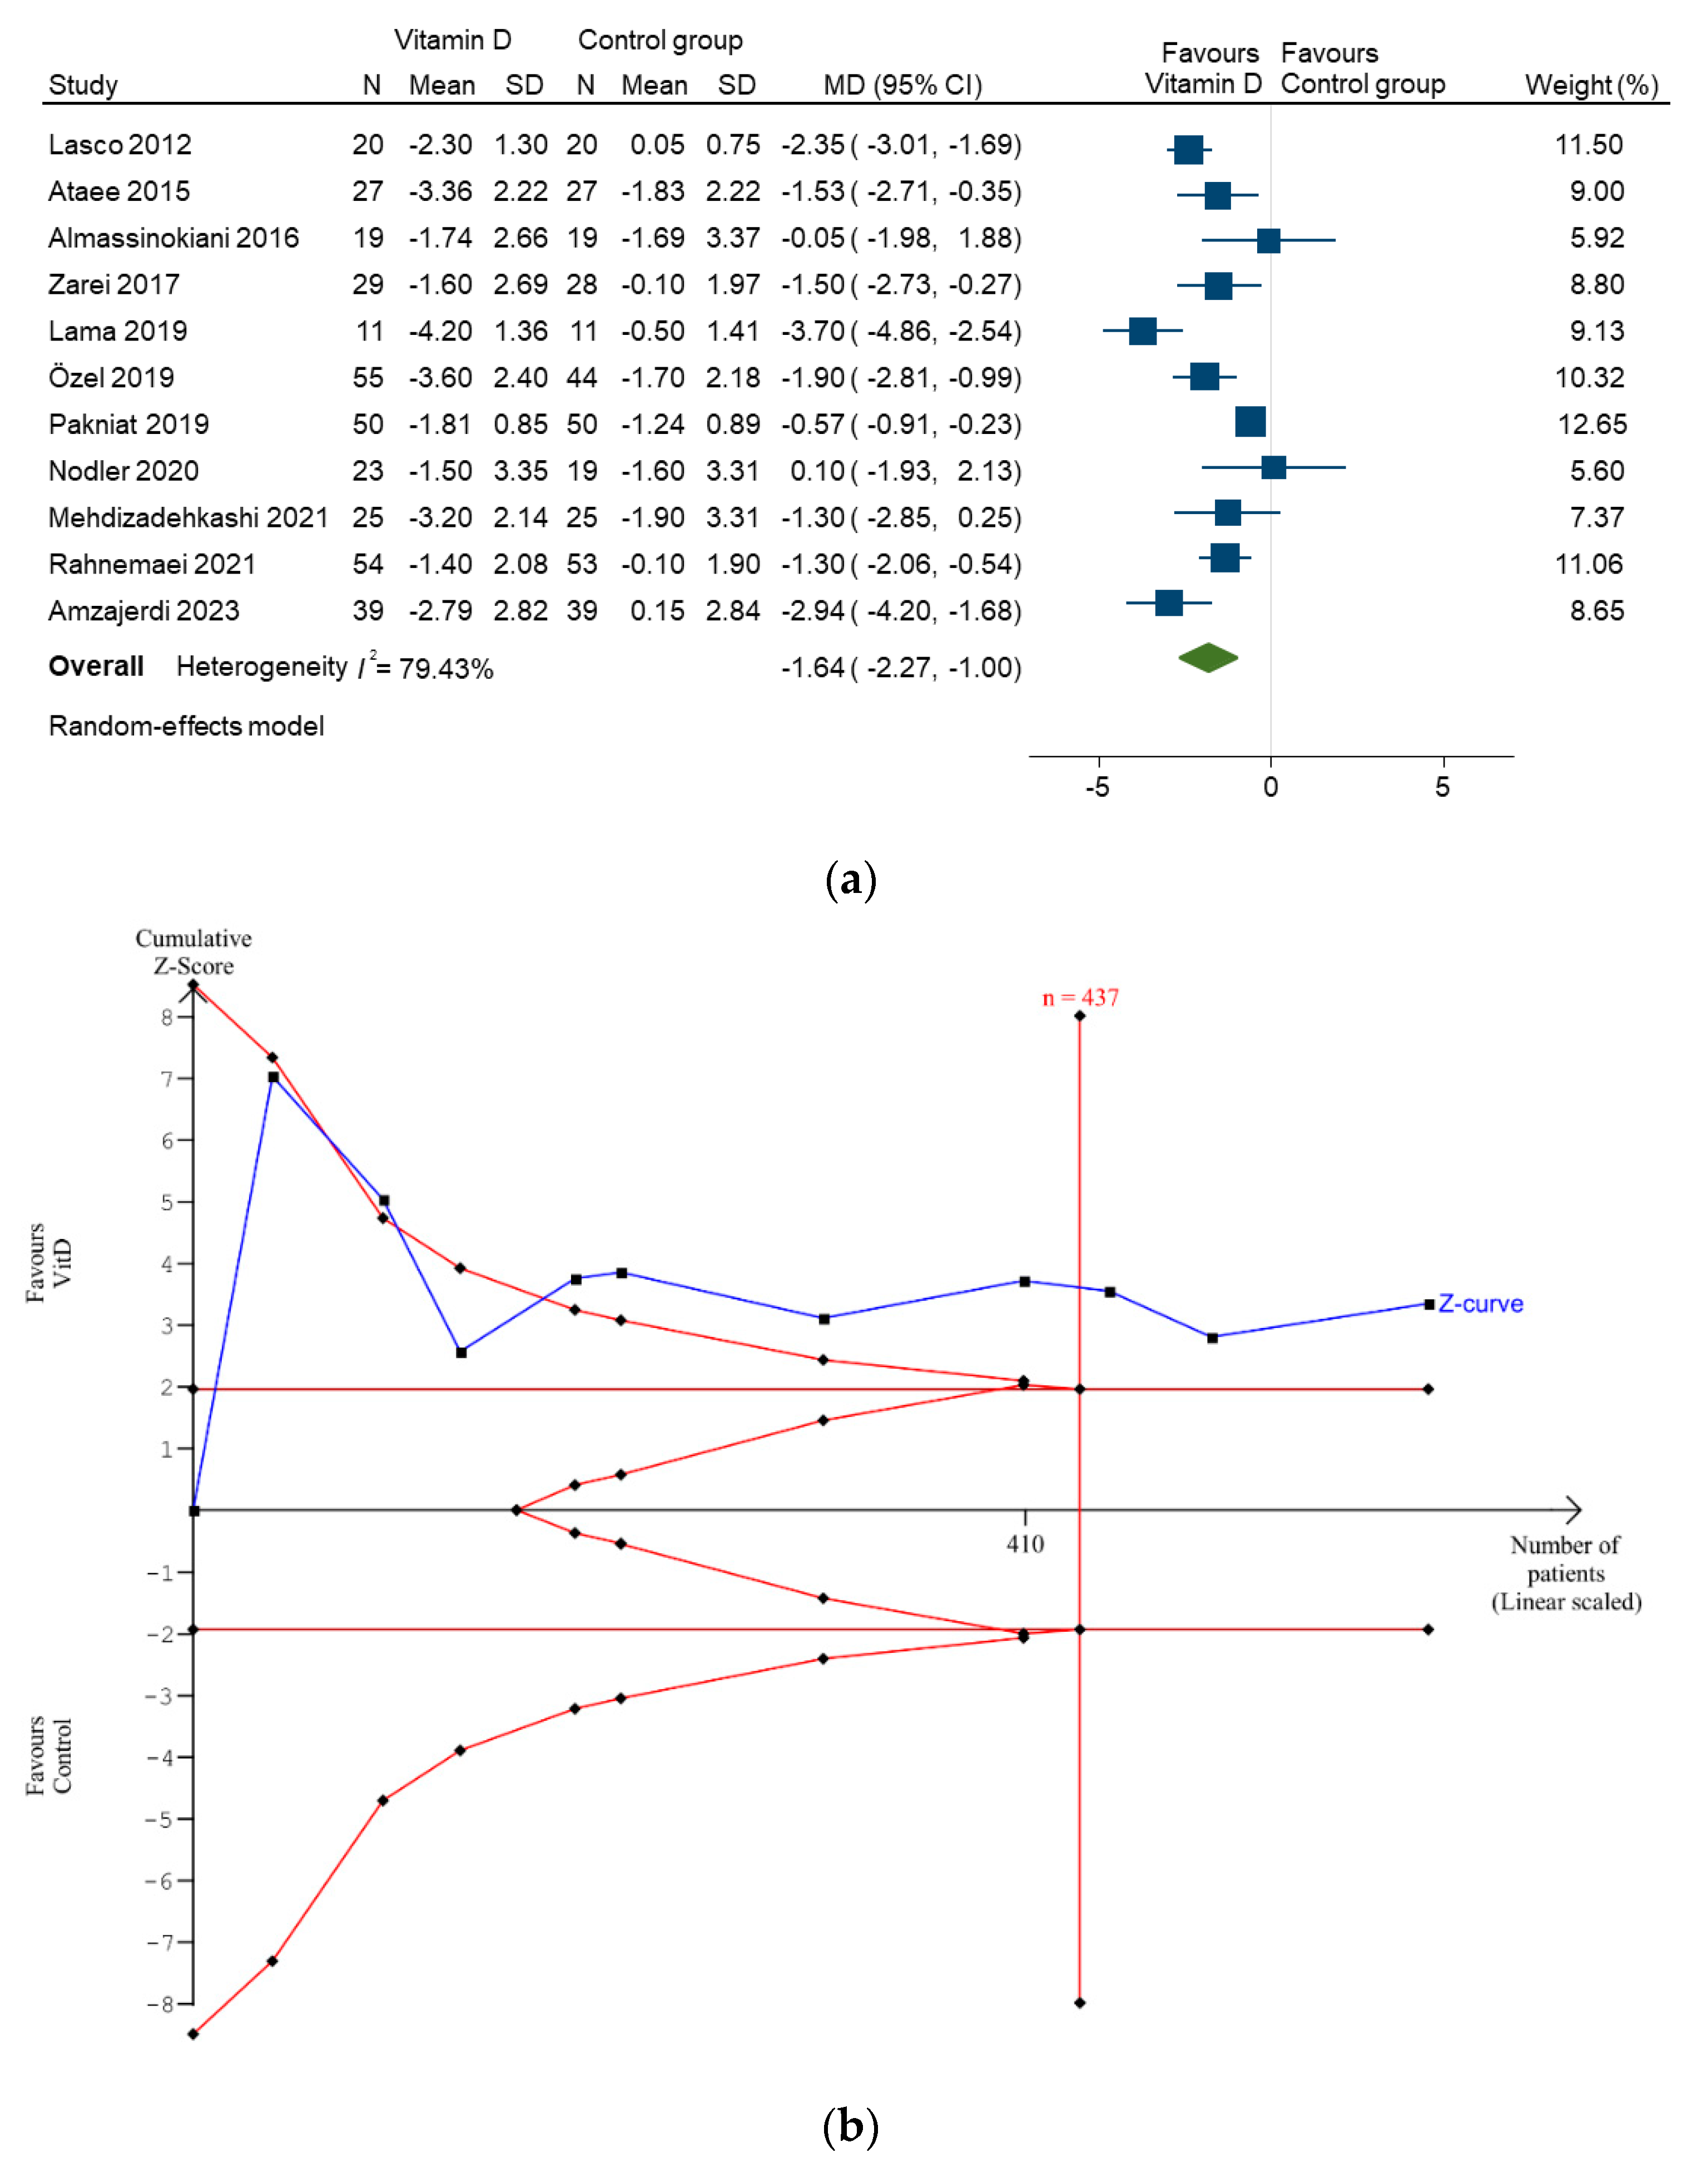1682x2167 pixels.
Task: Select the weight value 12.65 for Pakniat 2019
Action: [1591, 424]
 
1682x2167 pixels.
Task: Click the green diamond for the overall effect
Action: [1208, 658]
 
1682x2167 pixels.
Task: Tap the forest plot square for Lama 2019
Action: [1143, 332]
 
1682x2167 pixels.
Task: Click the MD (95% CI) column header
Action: [902, 85]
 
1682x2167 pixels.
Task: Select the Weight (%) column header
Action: [1591, 85]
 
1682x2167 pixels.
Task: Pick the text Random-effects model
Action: [186, 726]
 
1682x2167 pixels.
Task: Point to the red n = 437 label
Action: [1080, 998]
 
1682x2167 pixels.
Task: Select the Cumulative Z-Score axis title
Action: [193, 951]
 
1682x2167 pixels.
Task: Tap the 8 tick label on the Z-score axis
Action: [167, 1017]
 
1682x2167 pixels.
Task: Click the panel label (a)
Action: [850, 880]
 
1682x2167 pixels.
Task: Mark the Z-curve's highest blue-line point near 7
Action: [272, 1077]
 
